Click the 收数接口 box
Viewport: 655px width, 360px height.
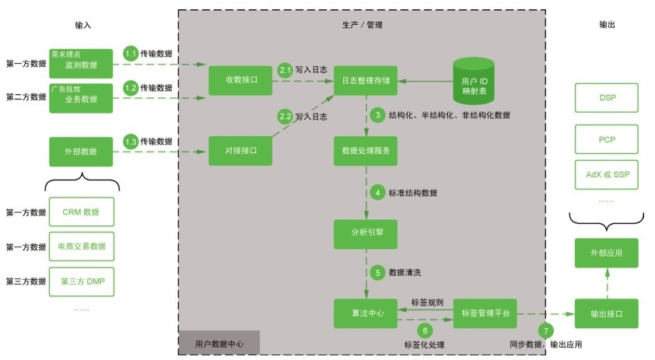pyautogui.click(x=241, y=80)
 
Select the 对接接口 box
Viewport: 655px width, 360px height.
pyautogui.click(x=241, y=151)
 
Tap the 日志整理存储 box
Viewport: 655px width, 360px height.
pyautogui.click(x=366, y=80)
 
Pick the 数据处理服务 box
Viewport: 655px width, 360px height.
pyautogui.click(x=366, y=151)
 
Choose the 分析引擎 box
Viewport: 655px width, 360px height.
pyautogui.click(x=366, y=232)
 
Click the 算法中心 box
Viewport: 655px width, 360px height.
pyautogui.click(x=366, y=313)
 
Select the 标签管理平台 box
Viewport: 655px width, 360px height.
pyautogui.click(x=485, y=313)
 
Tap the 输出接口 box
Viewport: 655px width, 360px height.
pyautogui.click(x=606, y=313)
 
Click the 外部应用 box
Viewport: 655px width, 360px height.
pyautogui.click(x=606, y=253)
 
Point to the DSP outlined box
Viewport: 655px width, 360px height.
pyautogui.click(x=606, y=98)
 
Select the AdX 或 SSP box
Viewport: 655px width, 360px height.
pyautogui.click(x=606, y=175)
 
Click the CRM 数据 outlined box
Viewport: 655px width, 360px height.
pyautogui.click(x=81, y=212)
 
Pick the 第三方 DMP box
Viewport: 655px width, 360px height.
pyautogui.click(x=81, y=281)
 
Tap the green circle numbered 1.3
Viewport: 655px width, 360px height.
pyautogui.click(x=131, y=142)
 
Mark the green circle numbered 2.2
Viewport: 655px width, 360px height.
pyautogui.click(x=285, y=117)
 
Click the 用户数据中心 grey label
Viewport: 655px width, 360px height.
pyautogui.click(x=219, y=343)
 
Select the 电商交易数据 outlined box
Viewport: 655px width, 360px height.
pyautogui.click(x=81, y=246)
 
